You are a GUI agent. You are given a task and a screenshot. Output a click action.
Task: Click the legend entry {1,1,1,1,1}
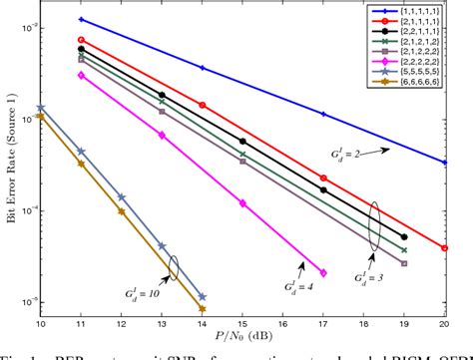point(435,9)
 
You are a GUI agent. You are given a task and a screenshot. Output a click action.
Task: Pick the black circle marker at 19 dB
point(404,236)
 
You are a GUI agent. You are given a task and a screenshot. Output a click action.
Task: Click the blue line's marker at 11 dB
point(81,19)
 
